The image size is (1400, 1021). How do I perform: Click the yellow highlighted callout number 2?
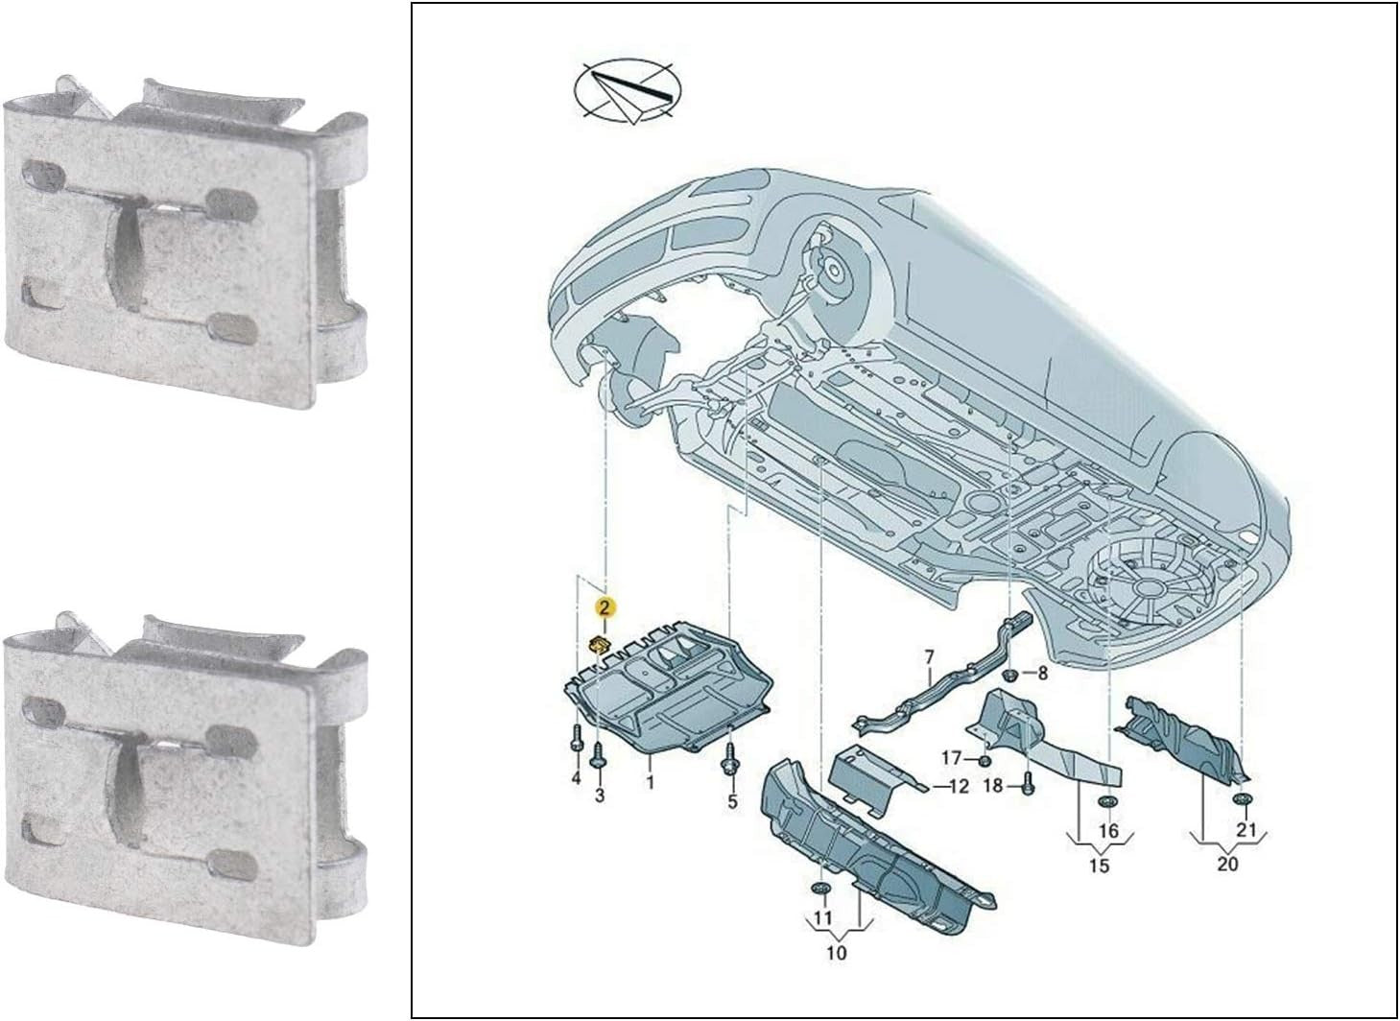[x=605, y=607]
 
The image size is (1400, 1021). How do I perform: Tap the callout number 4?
[x=576, y=779]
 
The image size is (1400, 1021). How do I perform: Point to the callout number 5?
[x=732, y=801]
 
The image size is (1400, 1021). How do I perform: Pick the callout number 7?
[x=929, y=657]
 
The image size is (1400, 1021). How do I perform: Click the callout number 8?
[x=1043, y=674]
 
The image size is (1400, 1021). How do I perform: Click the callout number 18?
[x=992, y=785]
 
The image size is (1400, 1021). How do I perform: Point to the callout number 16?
[x=1108, y=830]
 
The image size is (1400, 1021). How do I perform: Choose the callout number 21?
[x=1246, y=829]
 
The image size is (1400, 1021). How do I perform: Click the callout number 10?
[x=836, y=953]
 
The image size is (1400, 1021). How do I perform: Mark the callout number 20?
[x=1227, y=864]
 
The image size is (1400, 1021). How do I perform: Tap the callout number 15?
[x=1100, y=867]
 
